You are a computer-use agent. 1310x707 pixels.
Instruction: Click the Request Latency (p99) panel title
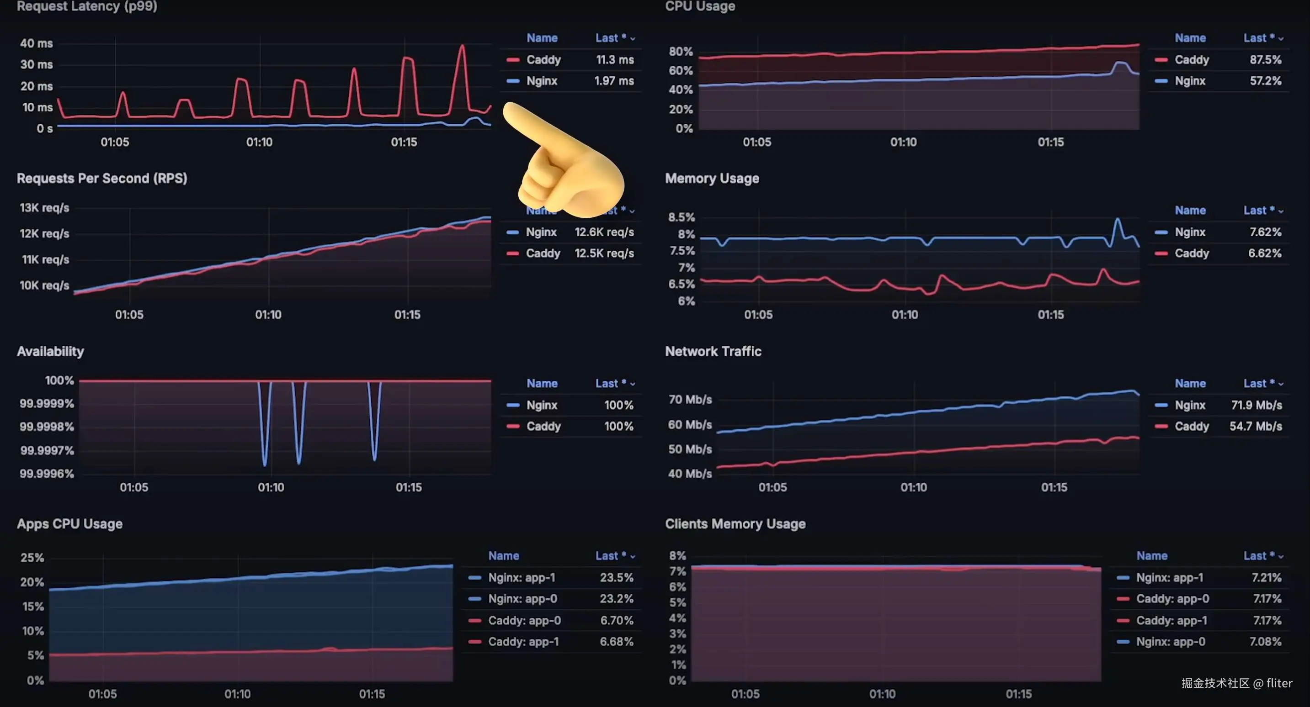[x=87, y=6]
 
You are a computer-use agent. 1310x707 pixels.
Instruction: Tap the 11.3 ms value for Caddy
[x=614, y=59]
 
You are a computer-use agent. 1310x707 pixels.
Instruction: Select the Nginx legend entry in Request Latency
[x=542, y=81]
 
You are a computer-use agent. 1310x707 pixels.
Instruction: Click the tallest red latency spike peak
[x=462, y=46]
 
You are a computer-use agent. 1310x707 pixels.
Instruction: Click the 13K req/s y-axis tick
[x=44, y=208]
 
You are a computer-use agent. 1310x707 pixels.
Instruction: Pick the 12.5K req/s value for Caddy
[x=604, y=253]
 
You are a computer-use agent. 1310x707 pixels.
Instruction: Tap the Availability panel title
[x=50, y=351]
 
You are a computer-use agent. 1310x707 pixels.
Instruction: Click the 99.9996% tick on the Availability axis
[x=47, y=474]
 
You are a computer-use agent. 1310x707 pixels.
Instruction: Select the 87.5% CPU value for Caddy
[x=1265, y=59]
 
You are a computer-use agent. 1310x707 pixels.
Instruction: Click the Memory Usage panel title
[x=712, y=179]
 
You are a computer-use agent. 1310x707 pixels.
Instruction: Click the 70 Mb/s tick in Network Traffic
[x=690, y=400]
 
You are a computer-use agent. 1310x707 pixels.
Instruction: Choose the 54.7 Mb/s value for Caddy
[x=1255, y=426]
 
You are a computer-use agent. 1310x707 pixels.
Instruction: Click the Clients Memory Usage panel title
[x=735, y=524]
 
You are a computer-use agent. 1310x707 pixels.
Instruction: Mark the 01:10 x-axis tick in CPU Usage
[x=903, y=142]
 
